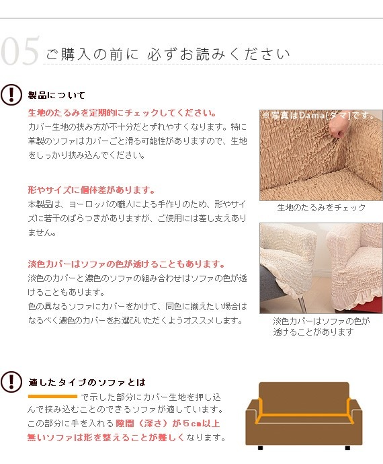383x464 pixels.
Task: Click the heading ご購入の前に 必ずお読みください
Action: pyautogui.click(x=167, y=54)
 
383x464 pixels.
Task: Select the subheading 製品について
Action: pyautogui.click(x=56, y=95)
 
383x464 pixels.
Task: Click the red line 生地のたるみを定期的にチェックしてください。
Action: pyautogui.click(x=122, y=112)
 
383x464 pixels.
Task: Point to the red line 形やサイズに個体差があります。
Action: pyautogui.click(x=91, y=190)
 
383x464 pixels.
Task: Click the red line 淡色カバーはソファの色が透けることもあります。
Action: pyautogui.click(x=126, y=264)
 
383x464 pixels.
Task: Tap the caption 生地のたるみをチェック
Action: pyautogui.click(x=321, y=208)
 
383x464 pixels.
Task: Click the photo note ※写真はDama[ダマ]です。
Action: pyautogui.click(x=321, y=116)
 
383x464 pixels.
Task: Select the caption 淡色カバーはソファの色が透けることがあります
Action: pyautogui.click(x=321, y=327)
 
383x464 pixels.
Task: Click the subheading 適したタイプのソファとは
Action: pyautogui.click(x=87, y=382)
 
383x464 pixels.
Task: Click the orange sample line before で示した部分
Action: pyautogui.click(x=52, y=396)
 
